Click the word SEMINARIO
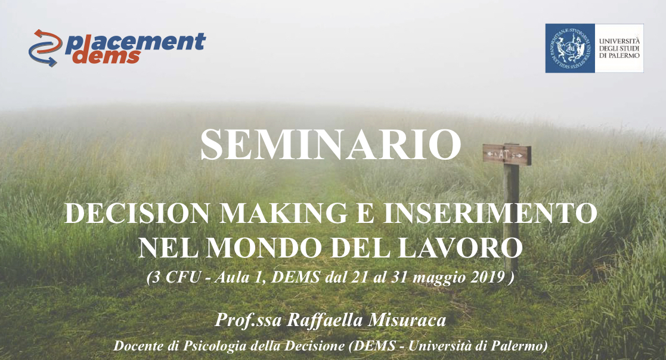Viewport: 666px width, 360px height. click(330, 145)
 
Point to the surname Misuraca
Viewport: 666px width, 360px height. click(407, 320)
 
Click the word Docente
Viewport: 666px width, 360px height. click(139, 346)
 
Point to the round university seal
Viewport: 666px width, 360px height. click(569, 48)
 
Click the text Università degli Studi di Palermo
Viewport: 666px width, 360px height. click(619, 48)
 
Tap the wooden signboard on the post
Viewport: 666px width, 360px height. click(507, 154)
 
